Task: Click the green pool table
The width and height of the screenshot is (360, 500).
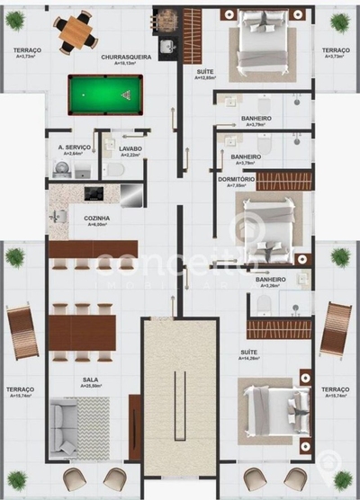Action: click(x=104, y=89)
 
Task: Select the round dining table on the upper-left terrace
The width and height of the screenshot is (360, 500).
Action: click(x=76, y=32)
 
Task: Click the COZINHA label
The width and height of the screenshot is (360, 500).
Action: click(x=96, y=219)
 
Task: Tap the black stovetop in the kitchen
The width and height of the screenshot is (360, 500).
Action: click(x=94, y=192)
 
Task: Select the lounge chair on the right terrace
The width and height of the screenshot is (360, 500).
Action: click(x=335, y=329)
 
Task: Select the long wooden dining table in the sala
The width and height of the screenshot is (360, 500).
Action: click(x=82, y=330)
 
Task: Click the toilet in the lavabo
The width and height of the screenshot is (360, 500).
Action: click(x=115, y=169)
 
